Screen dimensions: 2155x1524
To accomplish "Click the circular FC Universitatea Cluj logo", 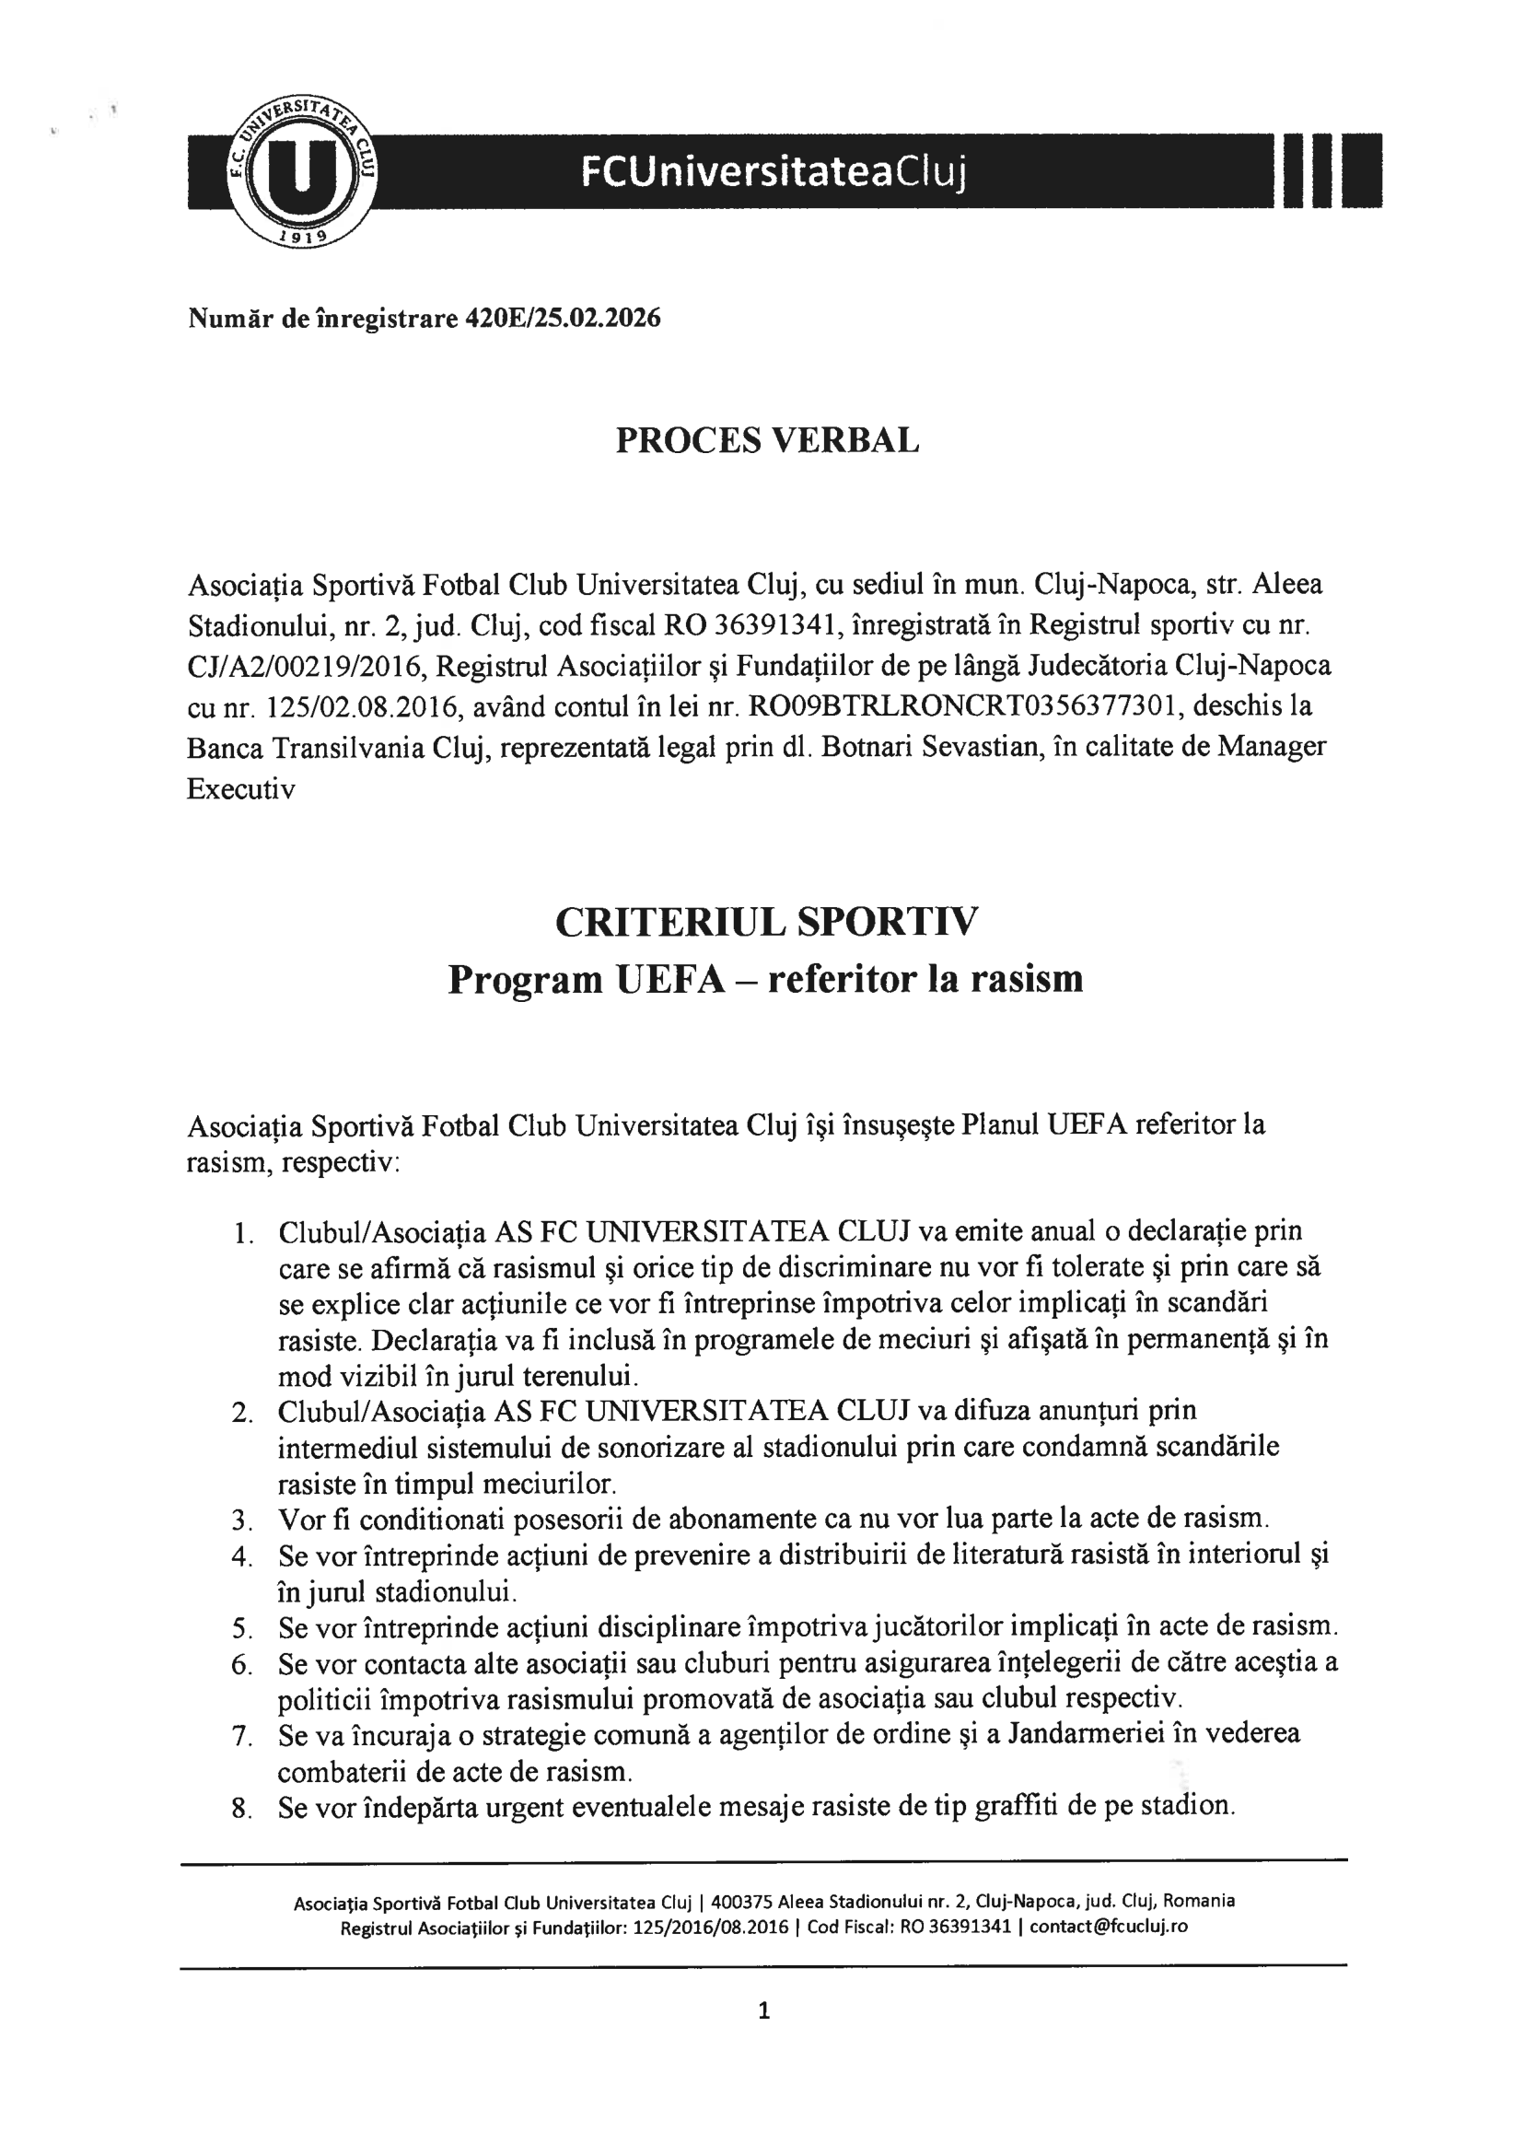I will coord(303,169).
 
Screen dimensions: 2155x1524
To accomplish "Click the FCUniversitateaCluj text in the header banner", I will coord(774,170).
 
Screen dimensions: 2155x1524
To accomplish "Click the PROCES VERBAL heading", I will coord(767,440).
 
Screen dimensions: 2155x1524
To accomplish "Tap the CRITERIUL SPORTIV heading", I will coord(766,922).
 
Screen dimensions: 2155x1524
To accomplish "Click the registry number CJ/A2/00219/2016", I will coord(305,666).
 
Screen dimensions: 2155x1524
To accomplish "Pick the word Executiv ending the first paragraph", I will coord(241,788).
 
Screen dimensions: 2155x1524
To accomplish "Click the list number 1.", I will coord(243,1232).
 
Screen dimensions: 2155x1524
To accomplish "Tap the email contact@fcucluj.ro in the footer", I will coord(1110,1927).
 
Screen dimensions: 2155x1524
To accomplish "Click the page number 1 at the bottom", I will coord(764,2010).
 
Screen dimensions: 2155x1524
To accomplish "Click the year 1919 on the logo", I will coord(302,237).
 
